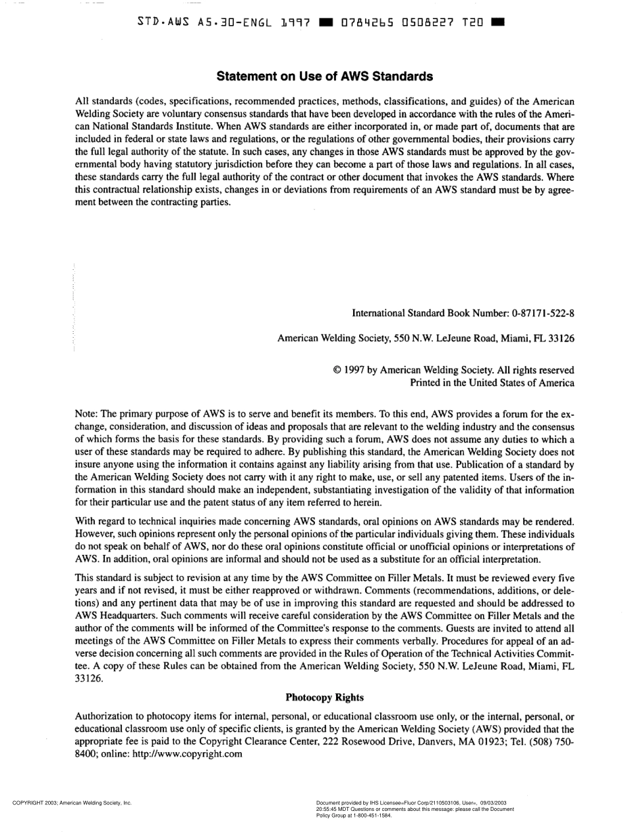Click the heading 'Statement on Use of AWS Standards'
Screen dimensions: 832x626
pos(325,77)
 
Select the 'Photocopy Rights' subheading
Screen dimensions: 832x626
pos(324,697)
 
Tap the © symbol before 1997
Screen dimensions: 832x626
pos(339,370)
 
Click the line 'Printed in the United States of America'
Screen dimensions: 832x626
pos(492,382)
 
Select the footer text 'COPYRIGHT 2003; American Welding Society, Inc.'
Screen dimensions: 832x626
pos(72,803)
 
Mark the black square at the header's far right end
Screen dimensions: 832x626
pos(498,21)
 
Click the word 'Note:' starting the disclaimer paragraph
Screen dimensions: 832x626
pos(87,415)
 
